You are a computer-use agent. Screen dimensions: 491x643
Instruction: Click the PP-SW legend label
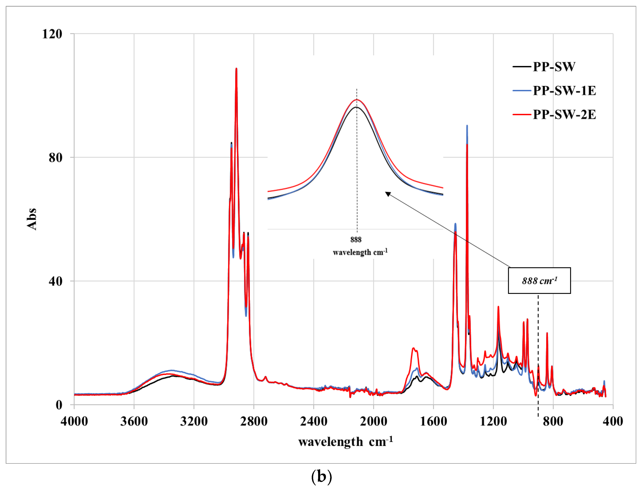pyautogui.click(x=554, y=67)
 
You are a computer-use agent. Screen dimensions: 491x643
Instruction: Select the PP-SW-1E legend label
pyautogui.click(x=564, y=91)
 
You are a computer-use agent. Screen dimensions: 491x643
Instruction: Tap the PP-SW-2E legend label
pyautogui.click(x=564, y=114)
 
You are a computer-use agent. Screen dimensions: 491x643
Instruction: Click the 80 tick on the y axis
pyautogui.click(x=56, y=158)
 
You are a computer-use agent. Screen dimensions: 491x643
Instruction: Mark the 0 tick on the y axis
pyautogui.click(x=59, y=405)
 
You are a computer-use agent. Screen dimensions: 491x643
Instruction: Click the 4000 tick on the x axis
pyautogui.click(x=74, y=421)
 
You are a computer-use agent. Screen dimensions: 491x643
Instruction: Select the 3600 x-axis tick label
pyautogui.click(x=134, y=421)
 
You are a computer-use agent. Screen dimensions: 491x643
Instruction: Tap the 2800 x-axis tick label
pyautogui.click(x=254, y=421)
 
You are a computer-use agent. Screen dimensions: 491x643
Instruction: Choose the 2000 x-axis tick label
pyautogui.click(x=374, y=421)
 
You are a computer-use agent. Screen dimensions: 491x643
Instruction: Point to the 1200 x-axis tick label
pyautogui.click(x=493, y=421)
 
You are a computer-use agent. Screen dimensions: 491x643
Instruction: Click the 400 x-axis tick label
pyautogui.click(x=613, y=421)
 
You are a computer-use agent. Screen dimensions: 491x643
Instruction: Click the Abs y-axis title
pyautogui.click(x=32, y=219)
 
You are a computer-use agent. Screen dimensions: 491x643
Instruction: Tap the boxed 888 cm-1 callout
pyautogui.click(x=539, y=280)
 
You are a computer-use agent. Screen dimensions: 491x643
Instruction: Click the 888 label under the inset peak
pyautogui.click(x=356, y=240)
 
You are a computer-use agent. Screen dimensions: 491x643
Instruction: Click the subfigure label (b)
pyautogui.click(x=321, y=477)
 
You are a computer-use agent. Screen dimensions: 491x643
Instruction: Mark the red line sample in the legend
pyautogui.click(x=522, y=114)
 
